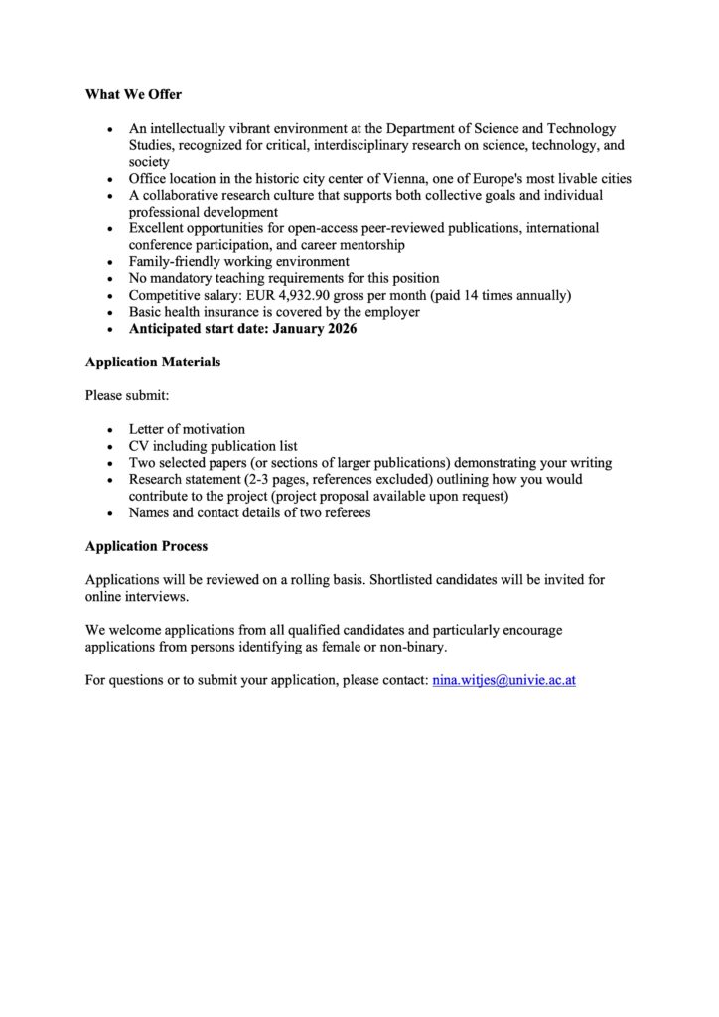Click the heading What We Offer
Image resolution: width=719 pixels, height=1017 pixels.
click(x=133, y=95)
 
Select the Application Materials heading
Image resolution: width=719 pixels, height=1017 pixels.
click(x=153, y=363)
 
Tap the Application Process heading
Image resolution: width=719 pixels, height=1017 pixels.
click(x=146, y=546)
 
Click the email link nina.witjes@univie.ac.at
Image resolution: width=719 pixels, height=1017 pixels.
click(x=503, y=681)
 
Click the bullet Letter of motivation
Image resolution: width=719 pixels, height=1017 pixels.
click(x=187, y=429)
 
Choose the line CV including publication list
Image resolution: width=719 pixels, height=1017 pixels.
click(x=213, y=446)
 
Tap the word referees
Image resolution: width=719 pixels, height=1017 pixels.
click(x=344, y=512)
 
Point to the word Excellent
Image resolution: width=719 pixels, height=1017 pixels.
click(x=157, y=228)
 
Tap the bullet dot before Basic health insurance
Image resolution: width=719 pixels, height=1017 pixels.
click(x=110, y=312)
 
